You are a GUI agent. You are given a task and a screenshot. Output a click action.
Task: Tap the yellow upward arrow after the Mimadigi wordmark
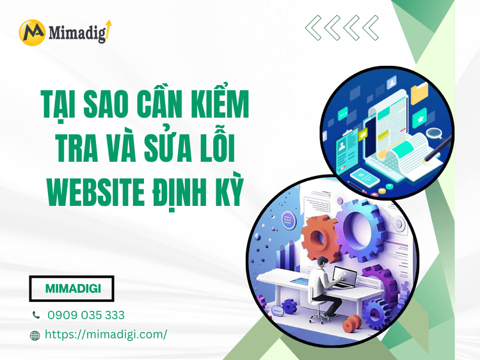pyautogui.click(x=108, y=29)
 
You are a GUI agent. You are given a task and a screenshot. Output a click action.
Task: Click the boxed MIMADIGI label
pyautogui.click(x=72, y=288)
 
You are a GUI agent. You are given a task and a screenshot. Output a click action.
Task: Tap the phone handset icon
pyautogui.click(x=36, y=315)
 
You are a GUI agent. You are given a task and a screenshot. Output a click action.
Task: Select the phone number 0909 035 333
pyautogui.click(x=86, y=315)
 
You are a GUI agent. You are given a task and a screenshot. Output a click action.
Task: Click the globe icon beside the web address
pyautogui.click(x=36, y=334)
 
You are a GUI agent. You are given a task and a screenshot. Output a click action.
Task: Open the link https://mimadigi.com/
pyautogui.click(x=107, y=334)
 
